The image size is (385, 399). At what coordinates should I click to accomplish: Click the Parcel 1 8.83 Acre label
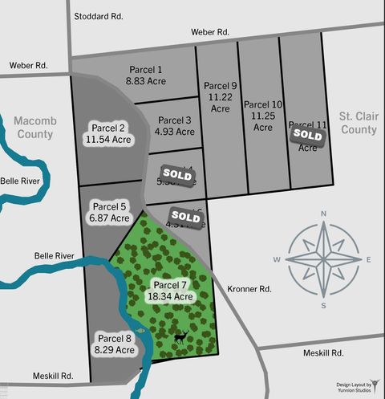pyautogui.click(x=144, y=75)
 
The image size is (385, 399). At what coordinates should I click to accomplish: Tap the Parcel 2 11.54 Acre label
pyautogui.click(x=108, y=133)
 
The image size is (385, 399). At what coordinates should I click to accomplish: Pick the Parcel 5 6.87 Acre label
pyautogui.click(x=110, y=212)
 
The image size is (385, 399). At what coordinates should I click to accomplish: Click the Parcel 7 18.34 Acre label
pyautogui.click(x=170, y=291)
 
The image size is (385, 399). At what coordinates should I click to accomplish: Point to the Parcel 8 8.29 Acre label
pyautogui.click(x=114, y=344)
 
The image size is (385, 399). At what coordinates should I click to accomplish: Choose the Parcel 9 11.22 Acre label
pyautogui.click(x=220, y=92)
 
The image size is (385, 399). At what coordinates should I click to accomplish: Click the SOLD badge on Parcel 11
pyautogui.click(x=307, y=135)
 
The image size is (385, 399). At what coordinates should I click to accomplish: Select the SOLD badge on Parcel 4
pyautogui.click(x=176, y=173)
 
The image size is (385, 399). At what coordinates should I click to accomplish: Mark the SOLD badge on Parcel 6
pyautogui.click(x=185, y=216)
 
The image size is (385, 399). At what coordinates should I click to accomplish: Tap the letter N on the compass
pyautogui.click(x=322, y=214)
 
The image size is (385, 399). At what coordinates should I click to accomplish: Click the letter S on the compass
pyautogui.click(x=322, y=305)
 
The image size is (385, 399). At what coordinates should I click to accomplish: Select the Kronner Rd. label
pyautogui.click(x=250, y=289)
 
